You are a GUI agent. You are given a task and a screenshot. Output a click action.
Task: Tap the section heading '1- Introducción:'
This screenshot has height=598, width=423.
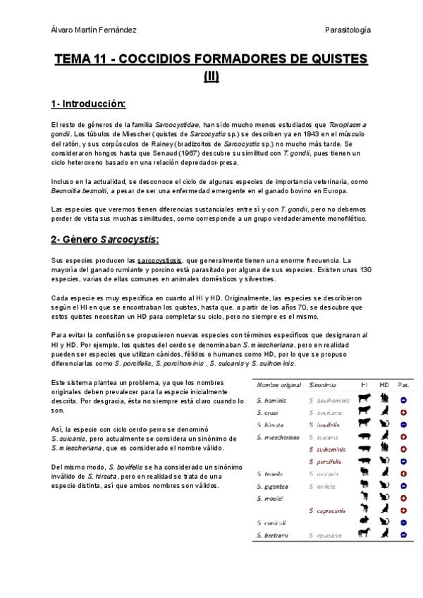point(88,104)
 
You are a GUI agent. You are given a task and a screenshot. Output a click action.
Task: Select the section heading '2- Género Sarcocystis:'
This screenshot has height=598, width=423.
point(104,240)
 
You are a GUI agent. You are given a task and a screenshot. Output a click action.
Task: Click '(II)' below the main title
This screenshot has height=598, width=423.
point(211,76)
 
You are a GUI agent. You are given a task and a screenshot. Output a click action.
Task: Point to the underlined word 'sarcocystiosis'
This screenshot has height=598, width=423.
point(160,260)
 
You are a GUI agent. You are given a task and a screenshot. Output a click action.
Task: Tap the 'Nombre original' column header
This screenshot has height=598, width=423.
point(278,386)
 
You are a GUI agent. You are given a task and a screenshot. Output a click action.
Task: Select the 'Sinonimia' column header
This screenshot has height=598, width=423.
point(322,386)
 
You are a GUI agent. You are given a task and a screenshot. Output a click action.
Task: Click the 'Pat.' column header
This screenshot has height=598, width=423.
point(403,386)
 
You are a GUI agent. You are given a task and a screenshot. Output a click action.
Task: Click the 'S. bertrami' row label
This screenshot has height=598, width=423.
point(271,535)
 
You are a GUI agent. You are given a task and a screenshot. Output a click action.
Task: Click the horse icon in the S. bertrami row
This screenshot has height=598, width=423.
point(363,535)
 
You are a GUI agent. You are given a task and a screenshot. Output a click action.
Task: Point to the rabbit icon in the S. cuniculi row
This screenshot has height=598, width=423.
point(363,522)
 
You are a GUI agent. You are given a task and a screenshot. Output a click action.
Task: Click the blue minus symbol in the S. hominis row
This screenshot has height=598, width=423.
point(403,400)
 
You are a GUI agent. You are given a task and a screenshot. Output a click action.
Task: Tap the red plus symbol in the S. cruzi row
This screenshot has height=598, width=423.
point(403,412)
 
